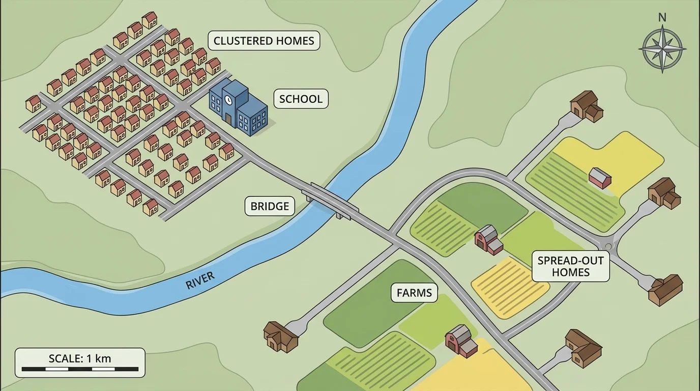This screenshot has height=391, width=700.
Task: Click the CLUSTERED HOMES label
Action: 264,41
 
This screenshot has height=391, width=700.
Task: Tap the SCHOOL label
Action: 301,99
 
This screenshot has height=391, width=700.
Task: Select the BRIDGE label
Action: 270,206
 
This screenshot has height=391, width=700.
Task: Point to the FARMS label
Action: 414,293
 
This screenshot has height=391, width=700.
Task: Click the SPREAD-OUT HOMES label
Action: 570,266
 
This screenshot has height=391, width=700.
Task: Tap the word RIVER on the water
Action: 200,281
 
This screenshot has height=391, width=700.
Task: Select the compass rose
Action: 662,49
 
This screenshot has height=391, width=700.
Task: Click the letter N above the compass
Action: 662,17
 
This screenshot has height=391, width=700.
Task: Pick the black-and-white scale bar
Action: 80,369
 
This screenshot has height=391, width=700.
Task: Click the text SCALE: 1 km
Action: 80,358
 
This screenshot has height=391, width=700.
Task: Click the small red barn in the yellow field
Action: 600,178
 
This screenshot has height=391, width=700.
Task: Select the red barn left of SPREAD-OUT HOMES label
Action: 488,239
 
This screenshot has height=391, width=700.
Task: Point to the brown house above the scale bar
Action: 280,336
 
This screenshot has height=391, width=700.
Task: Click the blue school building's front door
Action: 228,120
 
